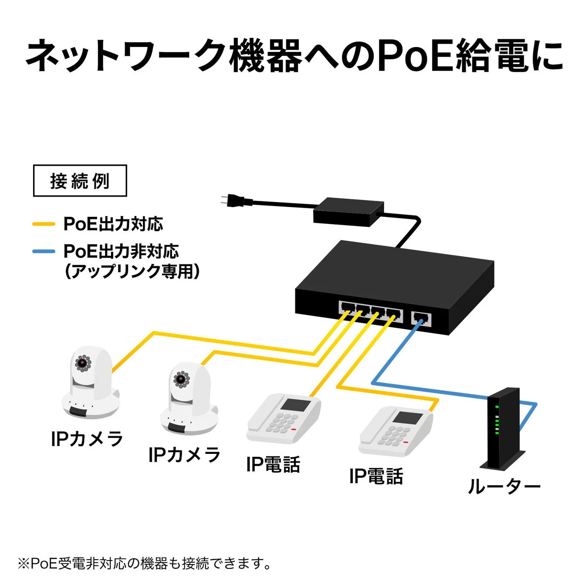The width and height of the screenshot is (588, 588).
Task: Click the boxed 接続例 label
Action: click(80, 181)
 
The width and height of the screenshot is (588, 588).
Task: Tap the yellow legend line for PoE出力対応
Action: click(44, 224)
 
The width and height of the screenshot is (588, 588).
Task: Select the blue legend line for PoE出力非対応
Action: click(44, 251)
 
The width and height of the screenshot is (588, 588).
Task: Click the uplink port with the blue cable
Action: click(421, 319)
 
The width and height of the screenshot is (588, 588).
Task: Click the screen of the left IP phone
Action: click(295, 405)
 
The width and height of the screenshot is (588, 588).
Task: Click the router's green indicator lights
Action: click(497, 420)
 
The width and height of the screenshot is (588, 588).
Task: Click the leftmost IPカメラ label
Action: click(87, 439)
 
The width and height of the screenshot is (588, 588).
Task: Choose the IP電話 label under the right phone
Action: click(376, 476)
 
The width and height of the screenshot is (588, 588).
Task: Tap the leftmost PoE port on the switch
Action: click(347, 309)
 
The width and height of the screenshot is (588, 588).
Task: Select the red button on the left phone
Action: click(294, 429)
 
